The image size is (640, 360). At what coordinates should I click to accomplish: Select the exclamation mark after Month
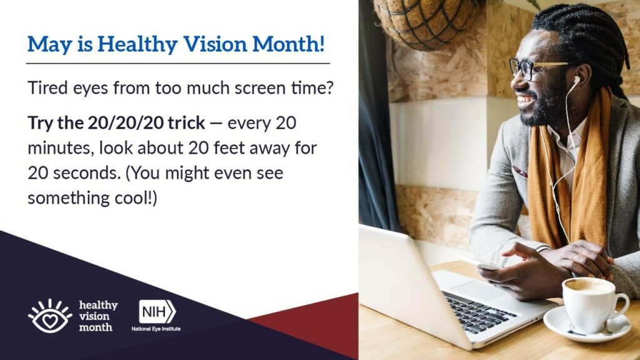(x=322, y=44)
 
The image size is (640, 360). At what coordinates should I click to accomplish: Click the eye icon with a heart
(x=50, y=316)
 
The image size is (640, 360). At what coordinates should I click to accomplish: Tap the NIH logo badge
(x=157, y=312)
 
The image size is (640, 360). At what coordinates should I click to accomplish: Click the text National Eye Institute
(x=156, y=329)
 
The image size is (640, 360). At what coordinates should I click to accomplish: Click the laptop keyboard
(x=479, y=312)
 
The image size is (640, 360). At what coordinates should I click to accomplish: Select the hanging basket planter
(x=426, y=23)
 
